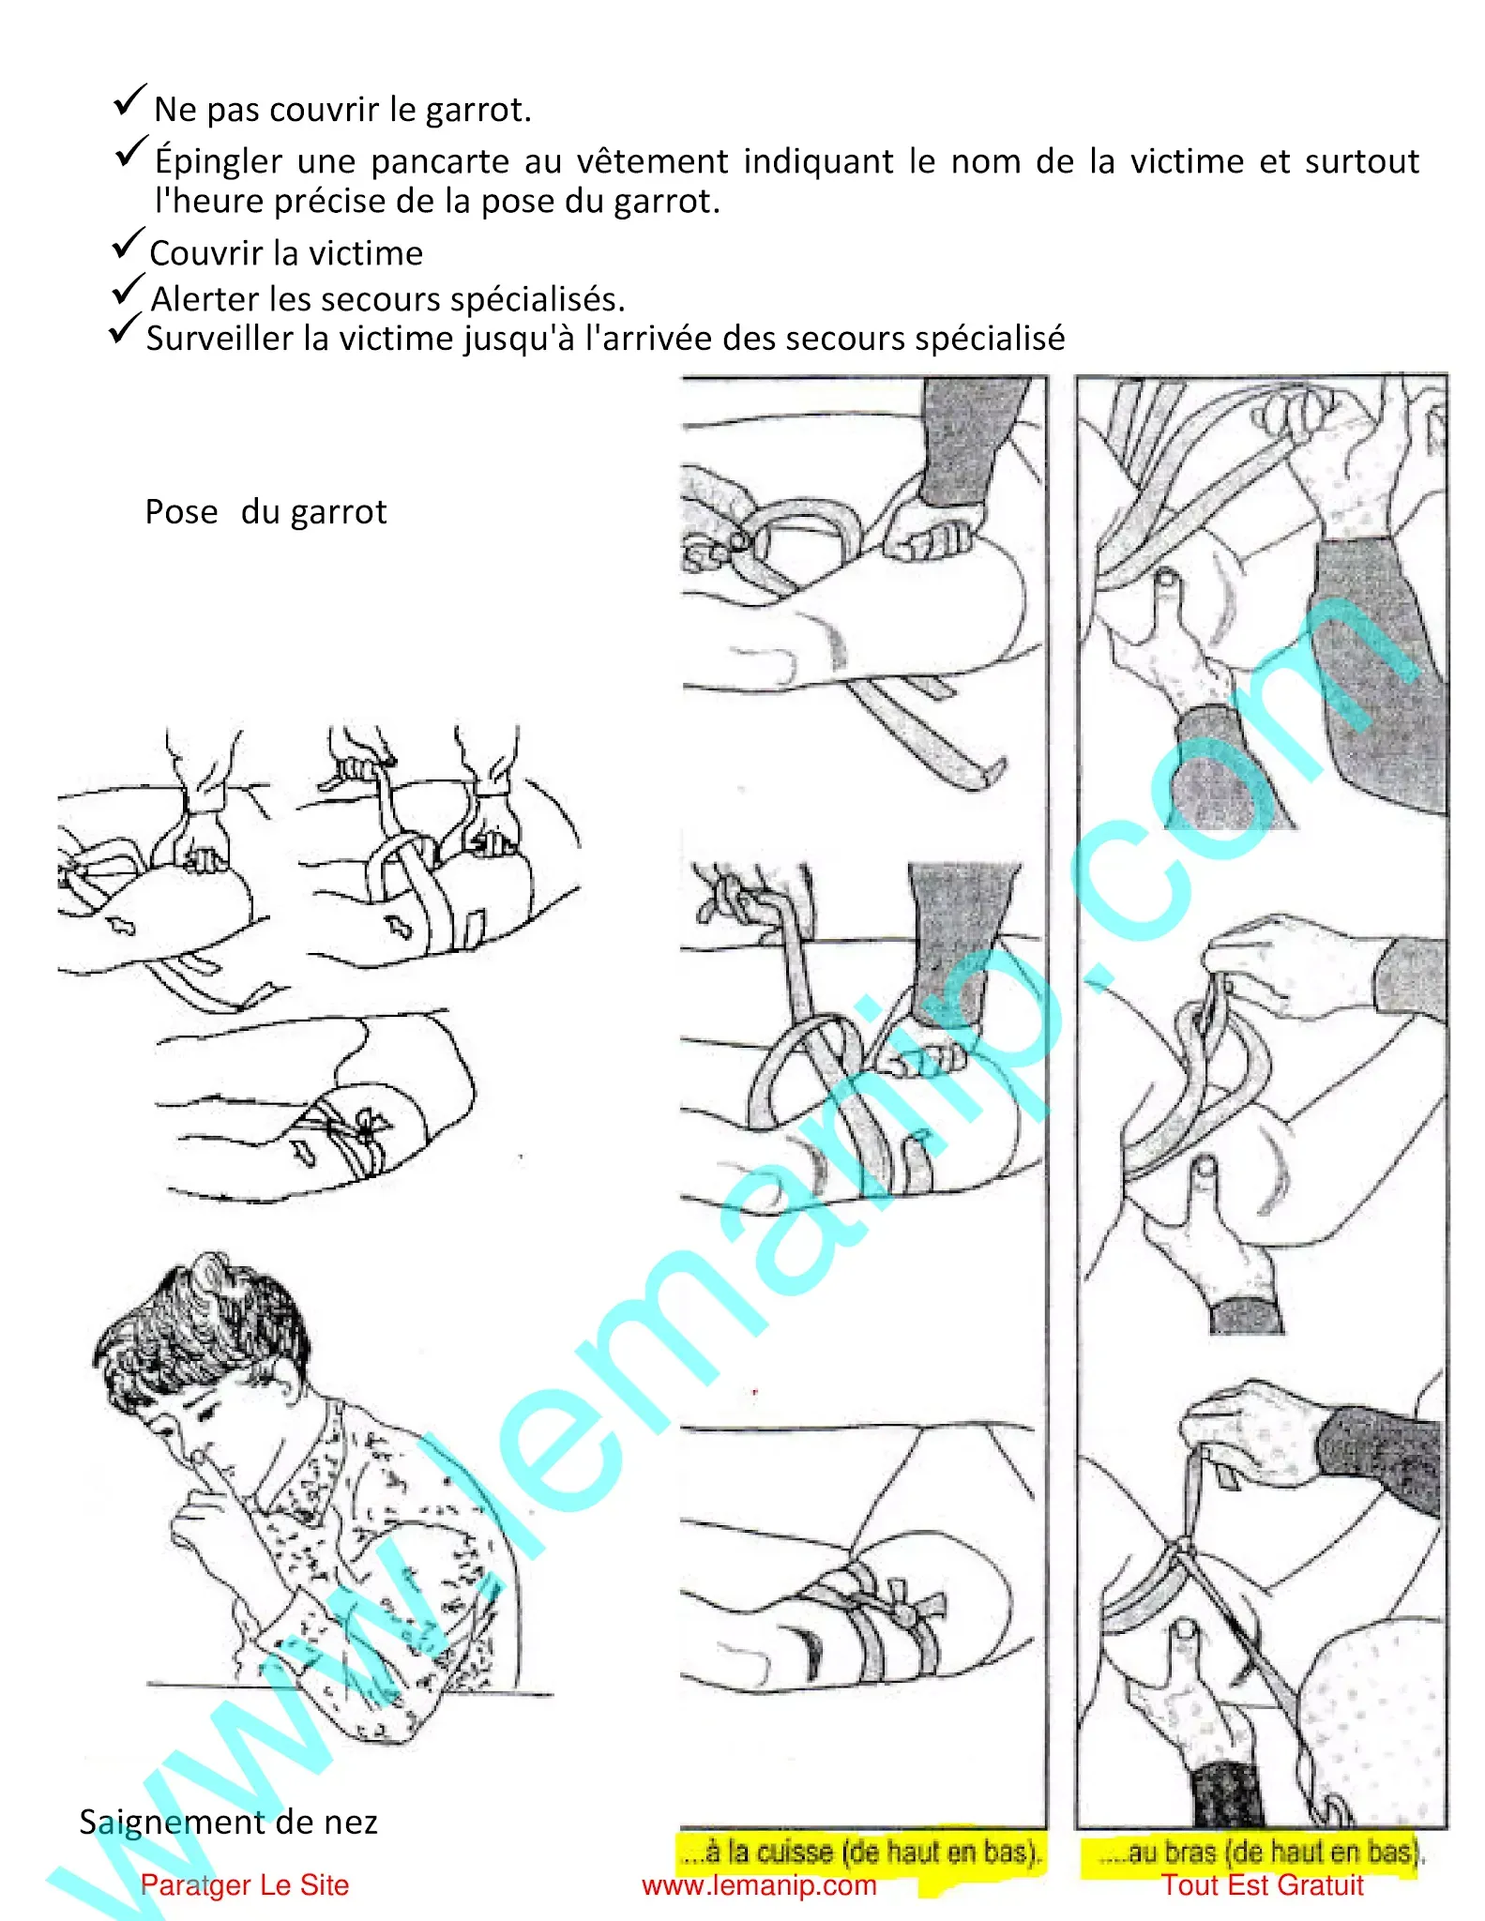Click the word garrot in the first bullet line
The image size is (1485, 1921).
click(477, 111)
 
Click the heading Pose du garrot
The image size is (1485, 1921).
click(265, 512)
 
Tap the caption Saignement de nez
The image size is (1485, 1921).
click(228, 1822)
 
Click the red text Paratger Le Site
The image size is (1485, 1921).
click(244, 1884)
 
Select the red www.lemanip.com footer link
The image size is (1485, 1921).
click(758, 1885)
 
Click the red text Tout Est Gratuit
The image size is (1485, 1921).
click(1262, 1884)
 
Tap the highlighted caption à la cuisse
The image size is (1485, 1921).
click(861, 1852)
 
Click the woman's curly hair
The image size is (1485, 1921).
click(202, 1313)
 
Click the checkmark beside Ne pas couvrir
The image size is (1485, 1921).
click(129, 99)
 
